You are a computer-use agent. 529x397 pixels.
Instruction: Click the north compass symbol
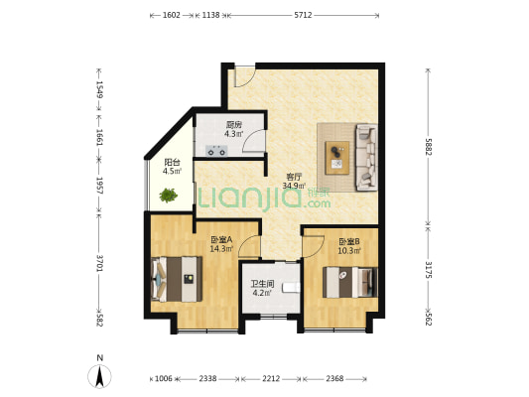pos(99,376)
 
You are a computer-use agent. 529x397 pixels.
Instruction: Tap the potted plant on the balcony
pos(169,195)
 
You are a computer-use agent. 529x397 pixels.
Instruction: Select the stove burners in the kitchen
pos(216,151)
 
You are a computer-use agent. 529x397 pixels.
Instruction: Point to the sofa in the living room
pos(367,157)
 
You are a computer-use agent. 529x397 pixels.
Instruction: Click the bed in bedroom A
pos(177,279)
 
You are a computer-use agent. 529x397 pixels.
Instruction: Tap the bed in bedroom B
pos(350,282)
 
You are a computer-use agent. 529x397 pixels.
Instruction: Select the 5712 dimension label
pos(303,15)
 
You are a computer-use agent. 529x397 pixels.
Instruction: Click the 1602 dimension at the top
pos(172,15)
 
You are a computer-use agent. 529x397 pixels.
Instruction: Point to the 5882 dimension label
pos(429,146)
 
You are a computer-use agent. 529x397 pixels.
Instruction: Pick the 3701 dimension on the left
pos(99,263)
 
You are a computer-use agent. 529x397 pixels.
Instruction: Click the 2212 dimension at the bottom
pos(271,379)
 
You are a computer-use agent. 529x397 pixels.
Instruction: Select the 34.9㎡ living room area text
pos(294,186)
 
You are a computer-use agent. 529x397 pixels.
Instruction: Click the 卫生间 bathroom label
pos(262,284)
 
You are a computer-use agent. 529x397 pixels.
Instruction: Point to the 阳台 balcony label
pos(172,162)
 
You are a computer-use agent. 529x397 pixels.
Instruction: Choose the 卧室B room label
pos(349,241)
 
